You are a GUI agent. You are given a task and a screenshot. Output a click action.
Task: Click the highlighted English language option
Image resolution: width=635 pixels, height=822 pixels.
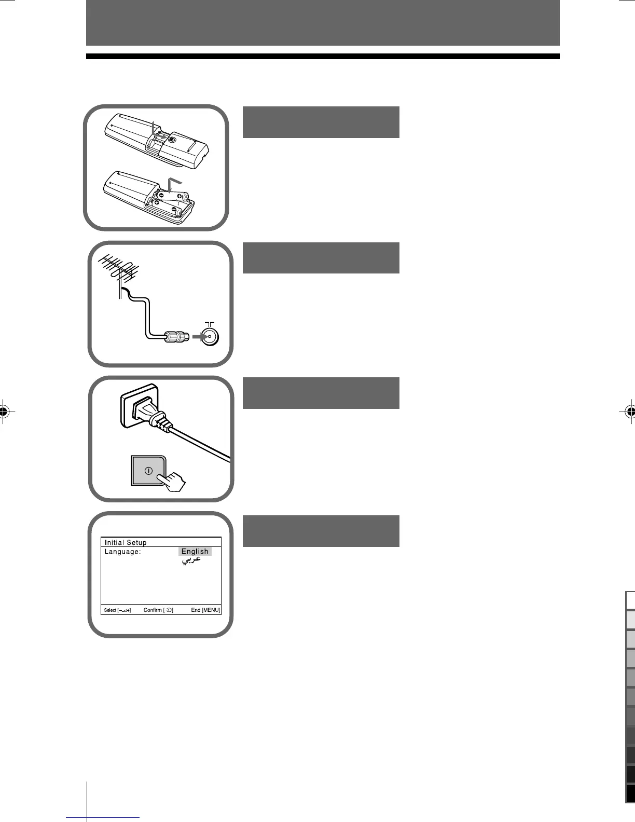[195, 552]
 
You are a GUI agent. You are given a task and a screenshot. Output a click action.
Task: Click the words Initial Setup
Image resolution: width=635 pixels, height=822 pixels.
[126, 542]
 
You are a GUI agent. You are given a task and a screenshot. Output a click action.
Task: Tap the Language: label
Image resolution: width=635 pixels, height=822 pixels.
[122, 552]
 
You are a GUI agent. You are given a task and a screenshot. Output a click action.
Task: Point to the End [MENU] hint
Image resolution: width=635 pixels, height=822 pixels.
[205, 610]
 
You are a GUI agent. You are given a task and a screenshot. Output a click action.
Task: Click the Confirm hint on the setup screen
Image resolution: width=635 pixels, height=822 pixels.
[158, 610]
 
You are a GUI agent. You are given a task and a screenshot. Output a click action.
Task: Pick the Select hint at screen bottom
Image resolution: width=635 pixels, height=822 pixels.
[117, 610]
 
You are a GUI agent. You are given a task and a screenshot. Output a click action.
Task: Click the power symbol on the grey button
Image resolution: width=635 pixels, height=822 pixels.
[148, 471]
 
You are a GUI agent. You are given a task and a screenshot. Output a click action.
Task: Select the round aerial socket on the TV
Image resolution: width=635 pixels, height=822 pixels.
[210, 336]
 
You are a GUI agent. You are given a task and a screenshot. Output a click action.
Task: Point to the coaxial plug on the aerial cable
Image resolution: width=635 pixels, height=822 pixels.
[175, 337]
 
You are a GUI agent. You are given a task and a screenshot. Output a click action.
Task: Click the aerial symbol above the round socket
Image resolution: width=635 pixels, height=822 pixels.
[210, 323]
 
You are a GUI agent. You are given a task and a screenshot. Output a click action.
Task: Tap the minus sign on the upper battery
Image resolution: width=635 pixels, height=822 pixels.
[161, 196]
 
